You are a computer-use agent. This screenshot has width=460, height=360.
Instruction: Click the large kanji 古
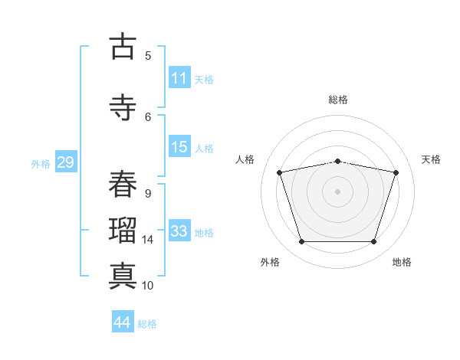coord(123,46)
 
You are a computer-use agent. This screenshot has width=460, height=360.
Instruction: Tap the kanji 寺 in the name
coord(123,107)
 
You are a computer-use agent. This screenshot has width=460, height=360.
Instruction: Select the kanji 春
coord(123,184)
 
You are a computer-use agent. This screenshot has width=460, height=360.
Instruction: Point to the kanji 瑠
coord(123,230)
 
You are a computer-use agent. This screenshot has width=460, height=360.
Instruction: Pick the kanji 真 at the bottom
coord(123,276)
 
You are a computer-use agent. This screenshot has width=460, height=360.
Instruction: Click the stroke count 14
coord(147,240)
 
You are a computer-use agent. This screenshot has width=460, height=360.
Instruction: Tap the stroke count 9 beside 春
coord(148,194)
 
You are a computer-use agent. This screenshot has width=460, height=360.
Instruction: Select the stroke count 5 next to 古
coord(148,56)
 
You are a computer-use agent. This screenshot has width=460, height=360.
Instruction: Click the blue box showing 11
coord(179,77)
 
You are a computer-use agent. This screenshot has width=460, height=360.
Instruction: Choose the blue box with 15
coord(179,146)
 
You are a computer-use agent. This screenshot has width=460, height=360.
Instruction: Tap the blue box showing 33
coord(179,230)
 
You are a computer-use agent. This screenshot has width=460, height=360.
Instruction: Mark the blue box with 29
coord(66,162)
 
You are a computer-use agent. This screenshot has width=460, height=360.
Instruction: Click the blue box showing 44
coord(123,321)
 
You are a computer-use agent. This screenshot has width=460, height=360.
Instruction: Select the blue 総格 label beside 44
coord(147,324)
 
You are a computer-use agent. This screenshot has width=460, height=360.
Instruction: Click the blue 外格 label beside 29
coord(41,164)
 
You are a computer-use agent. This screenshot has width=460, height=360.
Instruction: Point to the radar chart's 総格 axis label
coord(338,100)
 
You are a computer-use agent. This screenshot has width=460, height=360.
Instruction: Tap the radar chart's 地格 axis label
coord(402,262)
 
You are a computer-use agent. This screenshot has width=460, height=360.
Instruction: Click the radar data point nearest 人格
coord(280,172)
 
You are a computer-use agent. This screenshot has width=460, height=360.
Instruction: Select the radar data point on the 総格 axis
coord(338,162)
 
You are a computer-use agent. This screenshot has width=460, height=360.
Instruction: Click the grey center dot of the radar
coord(337,191)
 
